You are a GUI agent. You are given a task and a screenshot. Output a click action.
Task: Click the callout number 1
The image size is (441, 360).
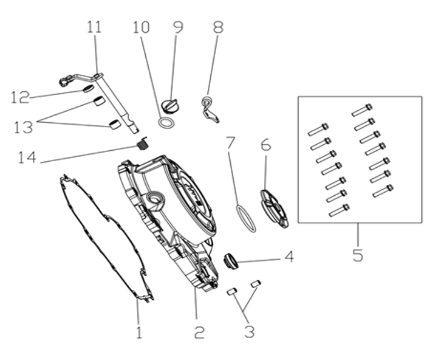coord(139,332)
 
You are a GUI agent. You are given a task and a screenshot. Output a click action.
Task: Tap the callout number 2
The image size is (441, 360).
coord(199,332)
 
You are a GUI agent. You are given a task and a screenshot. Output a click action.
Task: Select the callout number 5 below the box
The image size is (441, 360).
coord(358,255)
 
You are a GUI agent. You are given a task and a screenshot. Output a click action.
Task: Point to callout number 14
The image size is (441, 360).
coord(27,157)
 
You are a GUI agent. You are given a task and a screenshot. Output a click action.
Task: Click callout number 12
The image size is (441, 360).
coord(20,97)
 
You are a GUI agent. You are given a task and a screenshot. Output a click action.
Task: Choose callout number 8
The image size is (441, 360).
coord(218,27)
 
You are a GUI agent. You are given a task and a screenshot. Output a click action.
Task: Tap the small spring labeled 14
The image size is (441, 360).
coord(143,144)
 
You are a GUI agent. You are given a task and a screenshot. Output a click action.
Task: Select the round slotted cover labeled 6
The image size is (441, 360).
coord(274,209)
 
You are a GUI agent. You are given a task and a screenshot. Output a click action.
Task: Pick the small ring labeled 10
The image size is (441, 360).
coord(166,123)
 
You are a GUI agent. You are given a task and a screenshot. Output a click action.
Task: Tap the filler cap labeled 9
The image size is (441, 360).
coord(169,106)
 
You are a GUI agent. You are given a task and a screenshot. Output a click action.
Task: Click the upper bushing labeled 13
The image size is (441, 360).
coord(99,101)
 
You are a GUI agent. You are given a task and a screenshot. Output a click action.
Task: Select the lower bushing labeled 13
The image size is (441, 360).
coord(115,124)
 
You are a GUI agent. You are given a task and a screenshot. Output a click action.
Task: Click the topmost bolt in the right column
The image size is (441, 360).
coord(362,110)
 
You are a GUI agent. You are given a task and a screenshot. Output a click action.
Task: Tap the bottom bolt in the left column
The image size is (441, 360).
coord(339,210)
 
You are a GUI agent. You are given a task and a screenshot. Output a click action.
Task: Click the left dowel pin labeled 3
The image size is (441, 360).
coord(232,291)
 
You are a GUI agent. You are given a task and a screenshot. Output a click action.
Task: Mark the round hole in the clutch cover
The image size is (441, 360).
coord(155,199)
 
